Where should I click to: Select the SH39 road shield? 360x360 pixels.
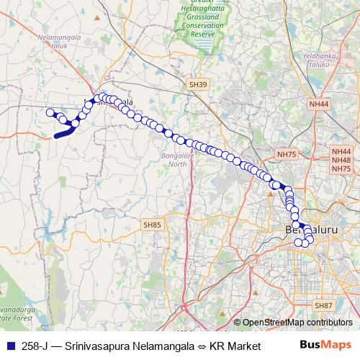click(198, 85)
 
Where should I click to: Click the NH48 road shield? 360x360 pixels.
click(341, 160)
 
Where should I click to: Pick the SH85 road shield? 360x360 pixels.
click(153, 225)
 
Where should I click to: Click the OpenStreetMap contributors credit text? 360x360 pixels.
click(297, 323)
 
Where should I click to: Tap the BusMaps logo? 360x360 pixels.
click(325, 345)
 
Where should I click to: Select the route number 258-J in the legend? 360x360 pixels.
click(35, 345)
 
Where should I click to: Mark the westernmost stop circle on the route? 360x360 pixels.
click(50, 112)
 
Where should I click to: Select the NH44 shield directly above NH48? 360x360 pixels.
click(341, 151)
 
